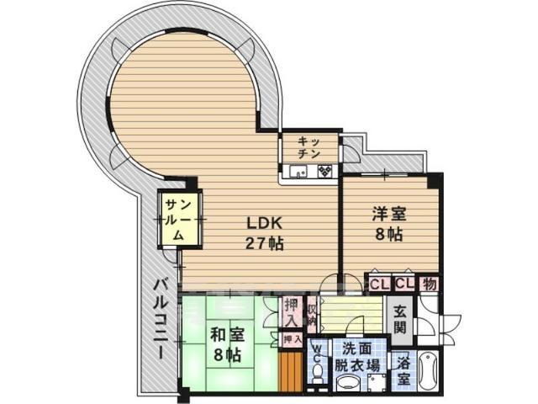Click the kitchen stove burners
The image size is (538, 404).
tap(325, 172)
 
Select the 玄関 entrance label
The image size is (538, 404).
tap(399, 319)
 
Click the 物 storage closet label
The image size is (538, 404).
tap(429, 284)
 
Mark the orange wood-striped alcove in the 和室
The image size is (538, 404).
tap(290, 371)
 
